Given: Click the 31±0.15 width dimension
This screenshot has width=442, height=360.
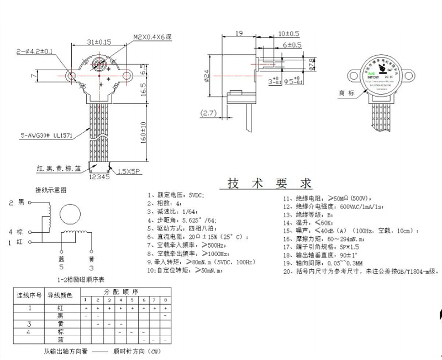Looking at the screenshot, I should pos(99,41).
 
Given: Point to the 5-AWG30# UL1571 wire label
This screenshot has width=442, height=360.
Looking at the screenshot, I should pos(48,134).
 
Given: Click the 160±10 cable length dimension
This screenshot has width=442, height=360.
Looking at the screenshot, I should pos(143,131).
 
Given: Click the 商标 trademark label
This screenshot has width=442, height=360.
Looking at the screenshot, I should pos(348,93).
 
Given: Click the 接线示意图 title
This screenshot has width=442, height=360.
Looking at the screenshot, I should pos(51,190).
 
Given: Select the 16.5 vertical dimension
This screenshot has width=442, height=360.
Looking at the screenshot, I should pos(143,88).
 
